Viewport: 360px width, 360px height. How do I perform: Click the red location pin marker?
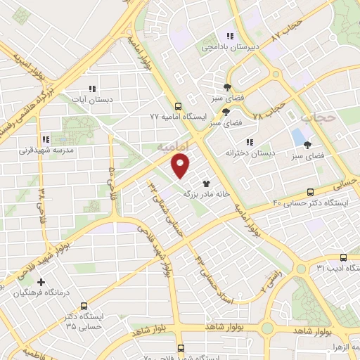(x=181, y=165)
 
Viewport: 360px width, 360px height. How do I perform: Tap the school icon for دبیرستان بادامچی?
(x=229, y=36)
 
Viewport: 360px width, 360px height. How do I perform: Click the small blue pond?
(x=298, y=134)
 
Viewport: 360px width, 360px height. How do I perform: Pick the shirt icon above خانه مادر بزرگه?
(x=206, y=182)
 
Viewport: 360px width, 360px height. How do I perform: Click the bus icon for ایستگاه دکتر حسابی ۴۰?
(x=310, y=192)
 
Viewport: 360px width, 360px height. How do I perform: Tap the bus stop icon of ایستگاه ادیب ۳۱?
(x=342, y=257)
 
